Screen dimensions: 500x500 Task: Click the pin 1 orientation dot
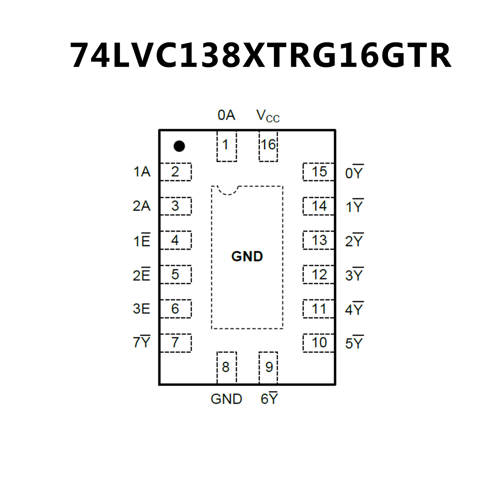[x=179, y=146]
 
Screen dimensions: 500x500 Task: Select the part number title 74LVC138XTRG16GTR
[x=260, y=55]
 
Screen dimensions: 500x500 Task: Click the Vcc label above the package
[x=268, y=116]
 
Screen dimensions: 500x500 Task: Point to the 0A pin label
[x=226, y=115]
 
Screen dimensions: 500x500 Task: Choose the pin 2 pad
[x=176, y=172]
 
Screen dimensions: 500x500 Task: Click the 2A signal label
[x=141, y=206]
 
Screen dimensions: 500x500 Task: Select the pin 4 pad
[x=176, y=240]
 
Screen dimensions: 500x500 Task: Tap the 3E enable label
[x=141, y=308]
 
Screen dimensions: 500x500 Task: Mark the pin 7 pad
[x=176, y=343]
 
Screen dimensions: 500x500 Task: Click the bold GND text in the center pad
[x=247, y=256]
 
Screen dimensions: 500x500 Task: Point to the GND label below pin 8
[x=226, y=399]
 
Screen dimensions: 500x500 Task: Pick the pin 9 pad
[x=268, y=367]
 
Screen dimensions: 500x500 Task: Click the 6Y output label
[x=269, y=398]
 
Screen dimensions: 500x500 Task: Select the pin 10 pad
[x=319, y=343]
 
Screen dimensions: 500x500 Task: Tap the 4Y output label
[x=354, y=309]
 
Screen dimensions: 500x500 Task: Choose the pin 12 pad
[x=319, y=275]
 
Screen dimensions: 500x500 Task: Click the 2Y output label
[x=354, y=240]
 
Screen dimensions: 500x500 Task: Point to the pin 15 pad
[x=319, y=172]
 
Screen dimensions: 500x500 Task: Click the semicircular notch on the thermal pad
[x=228, y=190]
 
